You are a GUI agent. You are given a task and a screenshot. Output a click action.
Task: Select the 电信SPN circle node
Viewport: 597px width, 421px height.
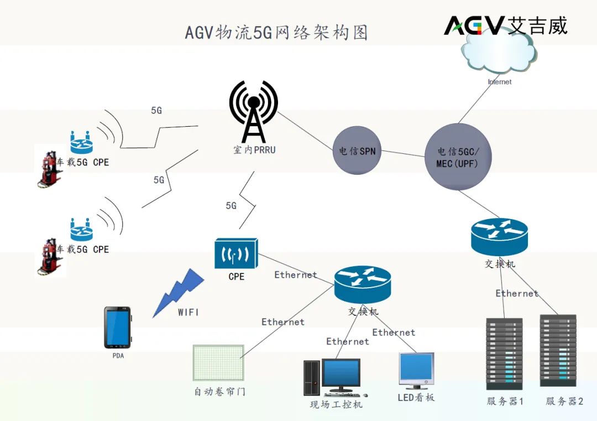coord(357,150)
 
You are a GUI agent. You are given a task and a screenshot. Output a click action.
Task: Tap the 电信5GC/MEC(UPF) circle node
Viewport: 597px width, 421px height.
coord(458,157)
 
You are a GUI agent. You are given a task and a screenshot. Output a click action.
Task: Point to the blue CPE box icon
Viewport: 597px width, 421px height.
coord(236,254)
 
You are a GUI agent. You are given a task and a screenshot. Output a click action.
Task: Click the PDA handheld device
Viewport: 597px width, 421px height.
coord(118,327)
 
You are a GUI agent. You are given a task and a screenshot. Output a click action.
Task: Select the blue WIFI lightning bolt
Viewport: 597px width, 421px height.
coord(178,292)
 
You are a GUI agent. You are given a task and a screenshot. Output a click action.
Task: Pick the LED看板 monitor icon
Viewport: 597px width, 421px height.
coord(416,370)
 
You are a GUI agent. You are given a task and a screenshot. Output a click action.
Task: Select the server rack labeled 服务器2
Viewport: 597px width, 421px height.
coord(558,350)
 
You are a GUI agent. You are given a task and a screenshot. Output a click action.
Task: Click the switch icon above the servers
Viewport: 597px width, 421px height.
coord(500,237)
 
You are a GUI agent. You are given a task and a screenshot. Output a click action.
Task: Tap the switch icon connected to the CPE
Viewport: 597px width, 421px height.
coord(363,285)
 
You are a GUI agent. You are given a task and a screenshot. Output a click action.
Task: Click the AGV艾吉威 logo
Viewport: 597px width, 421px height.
coord(505,25)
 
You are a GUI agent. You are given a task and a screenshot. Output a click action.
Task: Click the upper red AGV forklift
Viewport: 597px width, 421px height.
coord(49,168)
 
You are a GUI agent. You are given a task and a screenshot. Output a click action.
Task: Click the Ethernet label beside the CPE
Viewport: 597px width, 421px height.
coord(296,274)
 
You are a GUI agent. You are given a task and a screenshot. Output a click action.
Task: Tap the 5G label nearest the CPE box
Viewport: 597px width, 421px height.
coord(231,206)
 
